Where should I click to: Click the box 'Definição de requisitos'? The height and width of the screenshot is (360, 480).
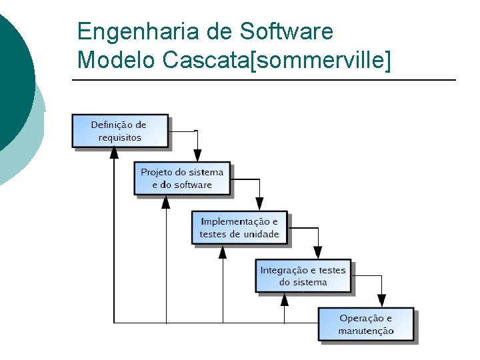(120, 131)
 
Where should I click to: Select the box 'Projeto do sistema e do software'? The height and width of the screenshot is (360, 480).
(182, 178)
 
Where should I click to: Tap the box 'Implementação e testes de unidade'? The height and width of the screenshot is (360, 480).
(239, 227)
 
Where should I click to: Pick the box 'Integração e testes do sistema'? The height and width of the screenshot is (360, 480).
(303, 276)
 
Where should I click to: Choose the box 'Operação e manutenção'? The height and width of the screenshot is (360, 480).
(365, 325)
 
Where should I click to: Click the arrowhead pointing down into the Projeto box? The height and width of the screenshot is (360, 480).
(197, 155)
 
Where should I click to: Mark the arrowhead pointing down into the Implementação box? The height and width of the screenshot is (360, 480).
(260, 204)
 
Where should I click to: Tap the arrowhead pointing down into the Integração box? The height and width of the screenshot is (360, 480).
(318, 253)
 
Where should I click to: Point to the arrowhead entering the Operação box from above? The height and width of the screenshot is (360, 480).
(381, 301)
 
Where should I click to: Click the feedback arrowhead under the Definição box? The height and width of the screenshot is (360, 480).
(114, 153)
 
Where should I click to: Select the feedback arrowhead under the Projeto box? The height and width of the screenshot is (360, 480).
(166, 201)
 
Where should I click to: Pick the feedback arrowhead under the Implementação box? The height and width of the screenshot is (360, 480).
(222, 251)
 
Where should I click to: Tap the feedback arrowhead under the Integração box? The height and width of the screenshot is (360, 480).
(285, 299)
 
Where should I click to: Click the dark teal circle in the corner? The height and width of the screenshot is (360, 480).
(13, 73)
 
